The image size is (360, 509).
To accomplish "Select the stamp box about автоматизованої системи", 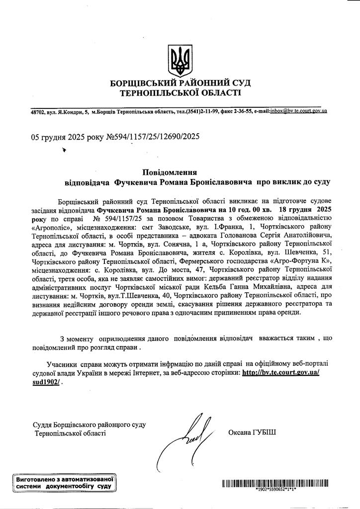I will pyautogui.click(x=63, y=483).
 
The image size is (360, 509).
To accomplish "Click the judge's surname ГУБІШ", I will pyautogui.click(x=259, y=432).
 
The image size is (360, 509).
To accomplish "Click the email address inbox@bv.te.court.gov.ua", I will pyautogui.click(x=298, y=112).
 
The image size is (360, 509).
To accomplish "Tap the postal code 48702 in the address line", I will pyautogui.click(x=38, y=113).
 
